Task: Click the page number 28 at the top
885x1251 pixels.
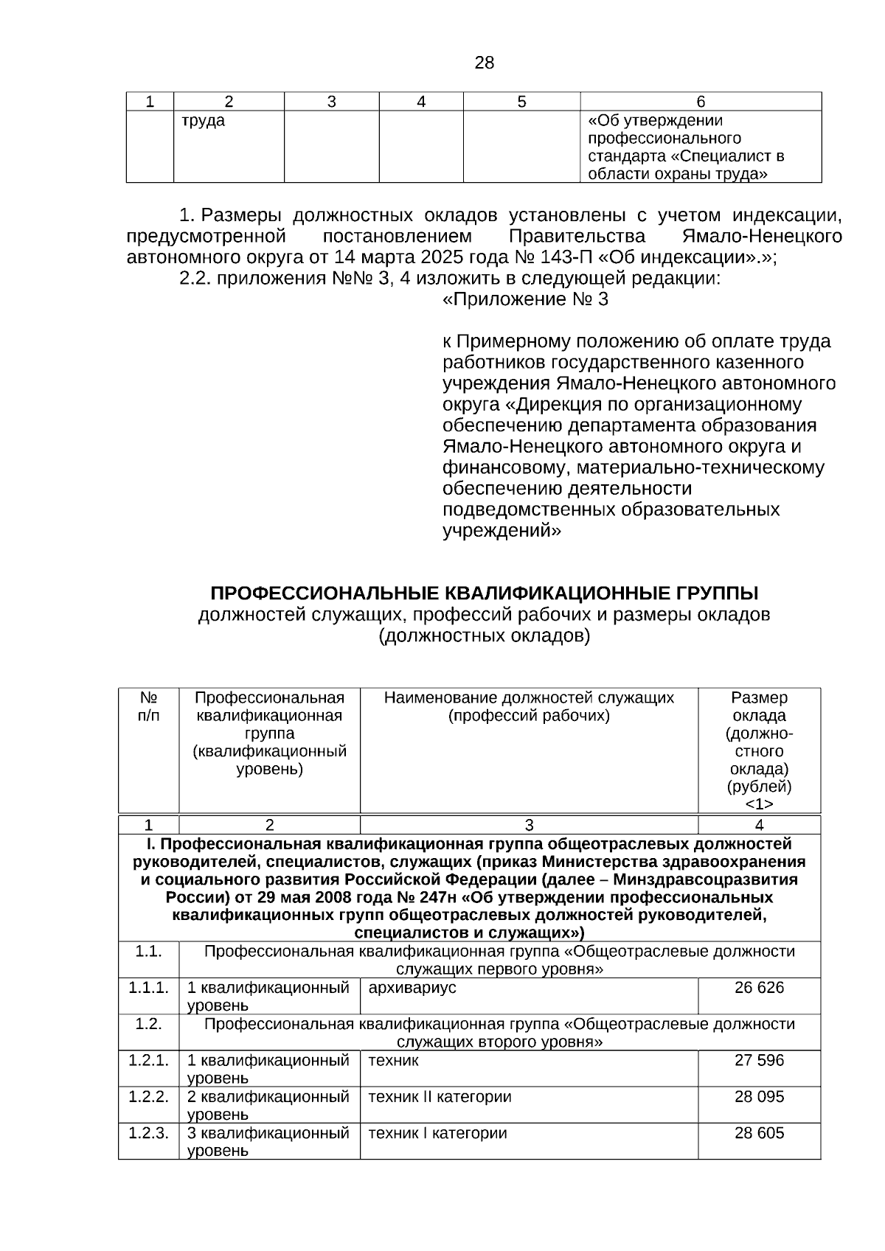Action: pos(484,63)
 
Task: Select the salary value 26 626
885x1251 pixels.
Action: pos(759,988)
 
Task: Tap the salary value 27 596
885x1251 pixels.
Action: pos(759,1060)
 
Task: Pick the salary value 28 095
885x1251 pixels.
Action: pos(759,1096)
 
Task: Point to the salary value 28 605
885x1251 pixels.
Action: pos(759,1133)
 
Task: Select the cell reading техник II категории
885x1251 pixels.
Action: pos(440,1096)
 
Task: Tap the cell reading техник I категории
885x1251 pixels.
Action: pos(437,1133)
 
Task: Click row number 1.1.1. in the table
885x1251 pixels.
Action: pos(148,988)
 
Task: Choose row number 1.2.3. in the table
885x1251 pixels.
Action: pos(148,1133)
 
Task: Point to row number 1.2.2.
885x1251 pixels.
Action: pos(148,1096)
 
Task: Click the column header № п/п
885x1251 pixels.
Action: pos(148,706)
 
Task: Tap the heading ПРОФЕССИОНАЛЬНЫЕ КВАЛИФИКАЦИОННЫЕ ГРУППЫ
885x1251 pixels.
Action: pos(484,593)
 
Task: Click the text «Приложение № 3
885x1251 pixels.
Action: pos(525,300)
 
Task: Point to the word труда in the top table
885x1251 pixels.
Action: pos(204,121)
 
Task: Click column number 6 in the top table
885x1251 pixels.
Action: pos(701,102)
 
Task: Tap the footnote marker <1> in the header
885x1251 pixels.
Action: pos(759,804)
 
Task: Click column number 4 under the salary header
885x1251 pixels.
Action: pos(759,825)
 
